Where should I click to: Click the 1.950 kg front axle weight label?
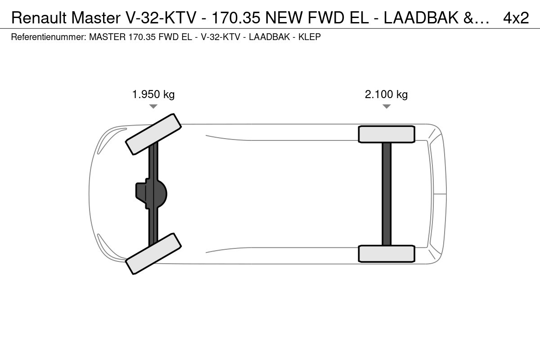pyautogui.click(x=153, y=94)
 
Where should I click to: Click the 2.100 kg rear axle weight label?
pyautogui.click(x=386, y=94)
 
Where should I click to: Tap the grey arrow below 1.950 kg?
pyautogui.click(x=153, y=106)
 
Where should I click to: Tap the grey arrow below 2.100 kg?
pyautogui.click(x=387, y=106)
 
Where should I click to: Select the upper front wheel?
pyautogui.click(x=153, y=134)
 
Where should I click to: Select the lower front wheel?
pyautogui.click(x=153, y=254)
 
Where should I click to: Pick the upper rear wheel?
pyautogui.click(x=387, y=134)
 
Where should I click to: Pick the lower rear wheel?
pyautogui.click(x=387, y=254)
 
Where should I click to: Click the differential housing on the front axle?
pyautogui.click(x=151, y=193)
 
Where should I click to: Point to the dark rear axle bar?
pyautogui.click(x=387, y=194)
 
